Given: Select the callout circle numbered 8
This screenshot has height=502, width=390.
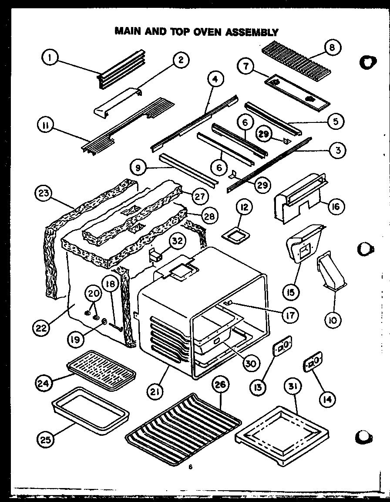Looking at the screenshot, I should pyautogui.click(x=333, y=48).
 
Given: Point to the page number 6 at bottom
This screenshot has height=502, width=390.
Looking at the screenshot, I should pyautogui.click(x=190, y=467).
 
